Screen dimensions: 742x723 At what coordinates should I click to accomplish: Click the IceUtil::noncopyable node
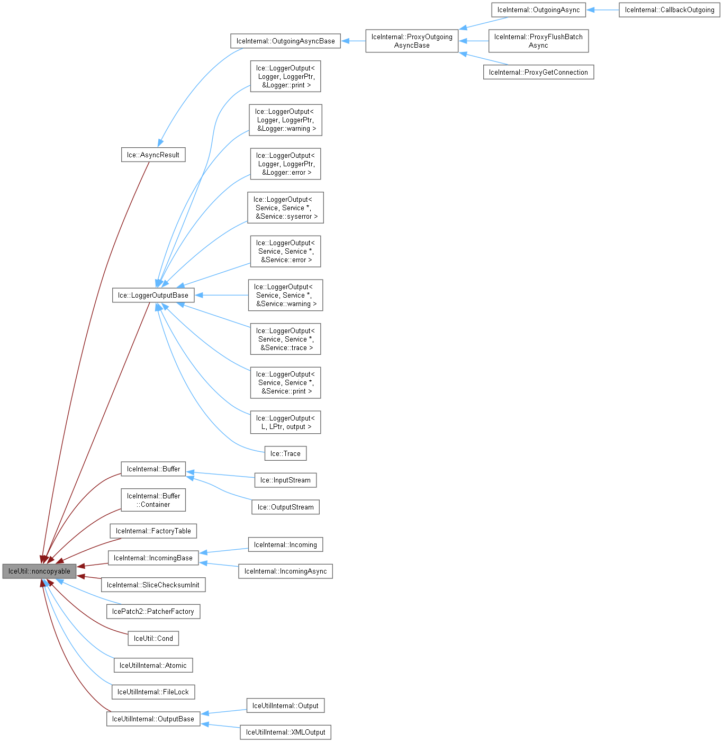[x=39, y=571]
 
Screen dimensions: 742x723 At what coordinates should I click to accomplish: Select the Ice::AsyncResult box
[x=153, y=155]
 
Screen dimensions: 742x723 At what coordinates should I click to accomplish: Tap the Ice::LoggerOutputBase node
[x=153, y=296]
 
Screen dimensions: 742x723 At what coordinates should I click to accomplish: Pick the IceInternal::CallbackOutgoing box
[x=669, y=10]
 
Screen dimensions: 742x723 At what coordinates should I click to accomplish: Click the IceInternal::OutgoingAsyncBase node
[x=285, y=41]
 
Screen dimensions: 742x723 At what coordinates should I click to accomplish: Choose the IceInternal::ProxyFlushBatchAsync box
[x=538, y=41]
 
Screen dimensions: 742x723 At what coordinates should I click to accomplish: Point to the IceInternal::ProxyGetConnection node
[x=538, y=73]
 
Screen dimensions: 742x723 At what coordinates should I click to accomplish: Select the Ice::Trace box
[x=285, y=454]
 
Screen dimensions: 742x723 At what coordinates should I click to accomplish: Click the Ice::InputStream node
[x=285, y=480]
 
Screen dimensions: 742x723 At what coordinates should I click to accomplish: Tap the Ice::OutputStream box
[x=285, y=507]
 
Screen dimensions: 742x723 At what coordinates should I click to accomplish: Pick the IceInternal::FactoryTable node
[x=153, y=531]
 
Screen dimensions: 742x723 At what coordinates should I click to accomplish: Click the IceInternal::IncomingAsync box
[x=285, y=571]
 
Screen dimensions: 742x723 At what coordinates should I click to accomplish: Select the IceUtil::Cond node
[x=153, y=639]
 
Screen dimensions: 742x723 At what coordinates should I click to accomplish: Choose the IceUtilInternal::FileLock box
[x=153, y=692]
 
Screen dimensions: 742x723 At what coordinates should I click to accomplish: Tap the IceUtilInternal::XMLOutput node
[x=285, y=732]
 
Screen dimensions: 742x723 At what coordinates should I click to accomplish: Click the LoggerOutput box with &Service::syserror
[x=285, y=208]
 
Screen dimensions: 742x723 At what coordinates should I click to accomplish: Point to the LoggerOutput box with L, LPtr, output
[x=285, y=423]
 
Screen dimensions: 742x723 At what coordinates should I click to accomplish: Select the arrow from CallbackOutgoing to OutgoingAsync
[x=603, y=10]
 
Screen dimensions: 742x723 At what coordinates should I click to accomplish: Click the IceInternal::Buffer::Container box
[x=153, y=500]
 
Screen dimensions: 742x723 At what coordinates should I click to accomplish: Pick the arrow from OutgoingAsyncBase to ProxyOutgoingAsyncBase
[x=353, y=41]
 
